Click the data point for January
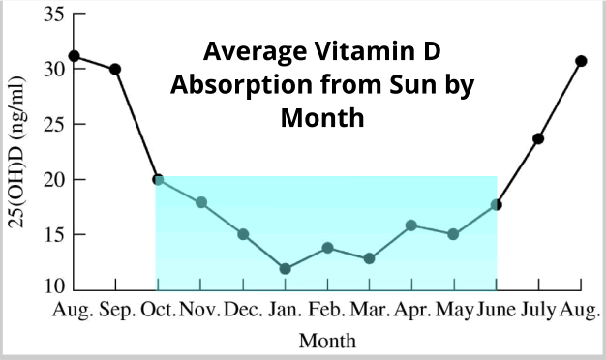click(x=285, y=268)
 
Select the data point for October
click(x=158, y=179)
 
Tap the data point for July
click(x=538, y=138)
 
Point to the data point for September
click(x=115, y=69)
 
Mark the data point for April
click(x=411, y=225)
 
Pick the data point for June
click(x=497, y=204)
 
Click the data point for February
click(x=327, y=248)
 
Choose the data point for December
click(x=243, y=234)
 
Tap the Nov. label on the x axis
click(x=200, y=311)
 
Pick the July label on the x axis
click(x=539, y=311)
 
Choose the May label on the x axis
click(x=453, y=311)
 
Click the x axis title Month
click(x=327, y=341)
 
